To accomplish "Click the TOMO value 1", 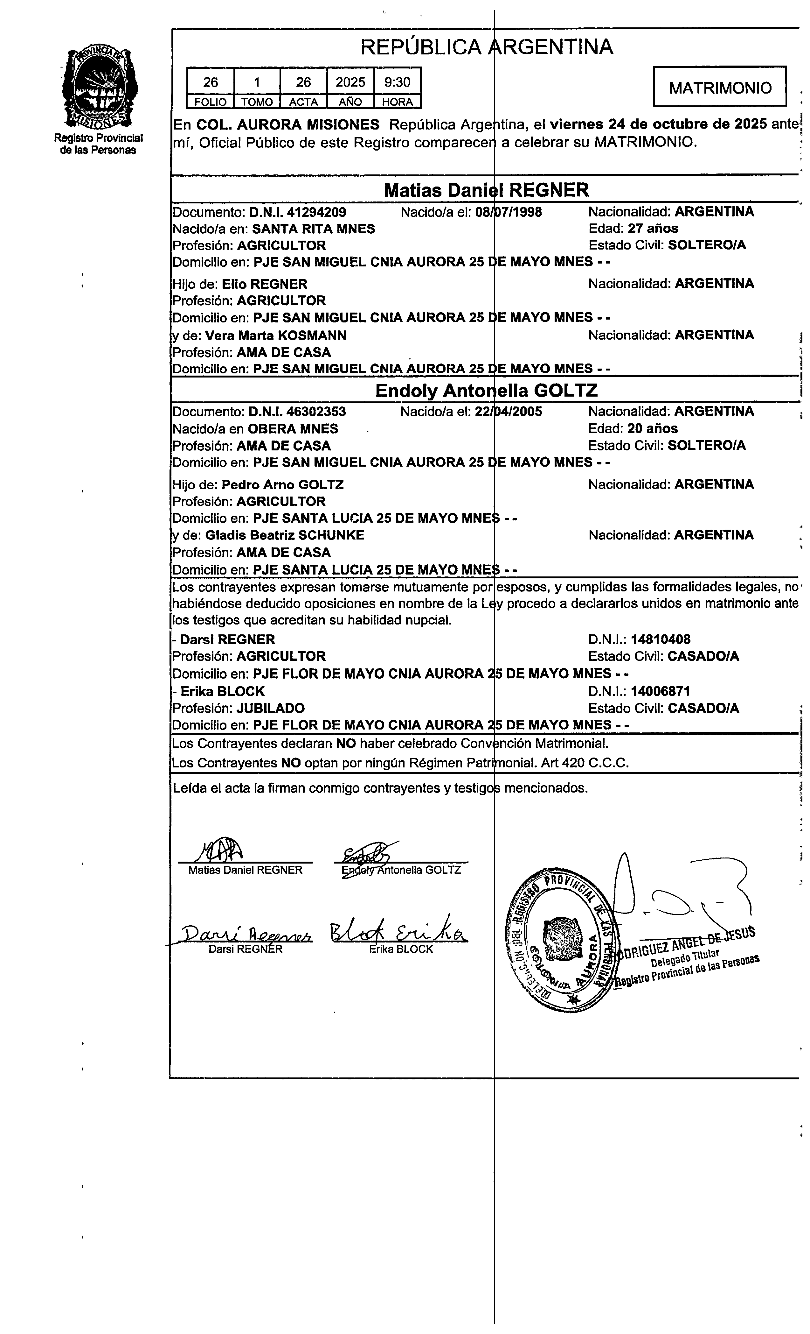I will pos(257,82).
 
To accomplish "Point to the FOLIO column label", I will pos(211,102).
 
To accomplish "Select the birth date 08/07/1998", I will pos(508,212).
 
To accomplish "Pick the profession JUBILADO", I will pos(271,708).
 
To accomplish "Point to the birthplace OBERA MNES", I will pos(293,429).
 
